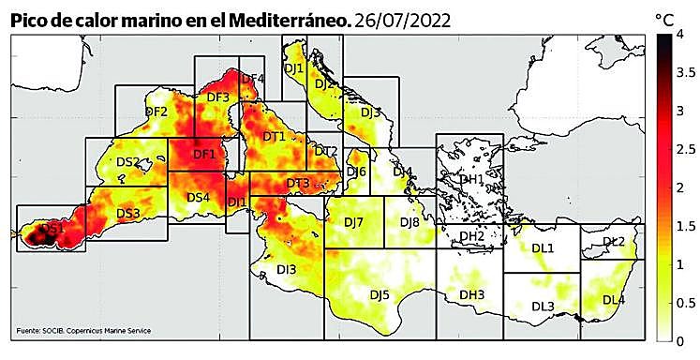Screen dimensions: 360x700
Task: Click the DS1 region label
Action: pos(52,228)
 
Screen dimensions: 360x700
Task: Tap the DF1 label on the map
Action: pos(204,154)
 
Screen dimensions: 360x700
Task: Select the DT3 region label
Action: pos(298,183)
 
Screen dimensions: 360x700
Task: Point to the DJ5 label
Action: pos(379,294)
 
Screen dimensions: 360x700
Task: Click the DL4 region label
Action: pos(613,300)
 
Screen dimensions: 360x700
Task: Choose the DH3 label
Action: pos(471,294)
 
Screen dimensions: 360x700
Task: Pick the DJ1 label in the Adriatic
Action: pos(294,67)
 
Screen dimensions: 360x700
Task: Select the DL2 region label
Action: pos(614,242)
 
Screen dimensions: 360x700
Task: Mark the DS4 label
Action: pos(198,197)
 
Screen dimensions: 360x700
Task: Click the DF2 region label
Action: pos(156,112)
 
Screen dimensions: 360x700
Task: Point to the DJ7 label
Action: pos(353,221)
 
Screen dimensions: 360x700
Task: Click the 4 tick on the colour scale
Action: pos(690,35)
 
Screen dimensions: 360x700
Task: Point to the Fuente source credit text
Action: pos(83,330)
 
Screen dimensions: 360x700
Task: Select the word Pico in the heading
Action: pos(29,19)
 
